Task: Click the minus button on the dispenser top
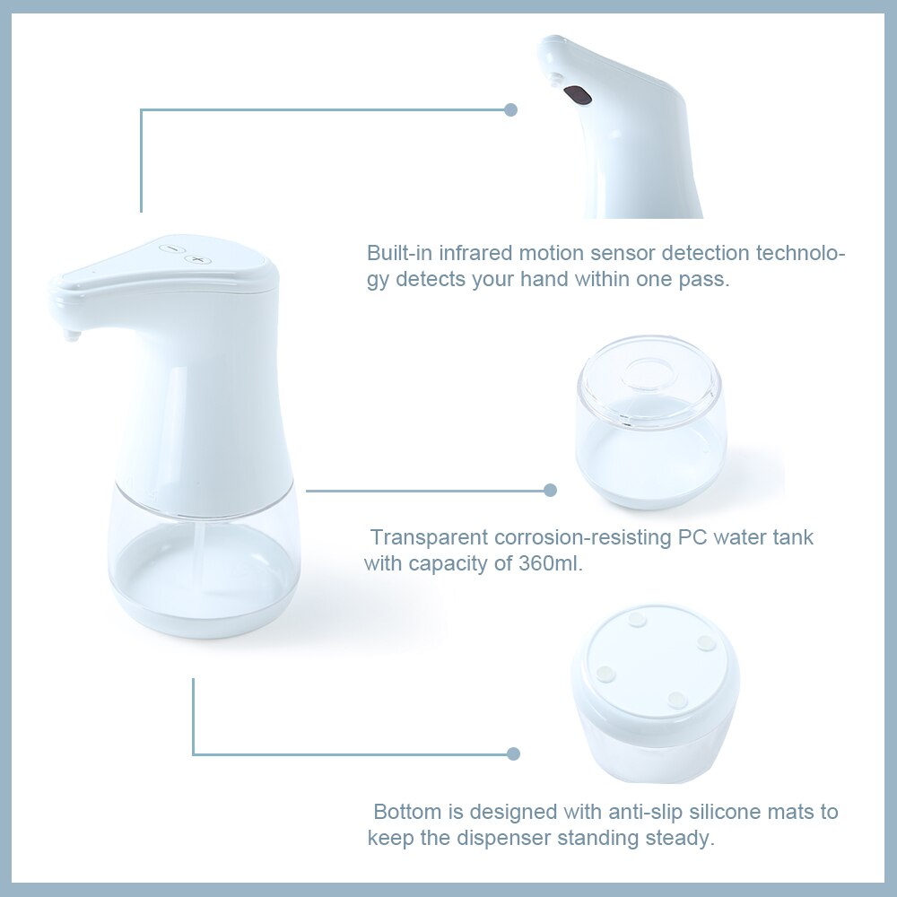point(170,248)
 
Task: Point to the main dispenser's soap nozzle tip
point(72,337)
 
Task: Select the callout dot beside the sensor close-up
point(511,109)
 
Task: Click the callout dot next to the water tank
point(550,490)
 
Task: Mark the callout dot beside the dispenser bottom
point(513,753)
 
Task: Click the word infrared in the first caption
point(476,252)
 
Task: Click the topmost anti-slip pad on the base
point(639,619)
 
